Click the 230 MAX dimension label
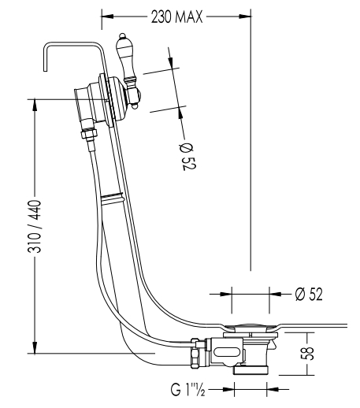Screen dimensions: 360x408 tap(176, 17)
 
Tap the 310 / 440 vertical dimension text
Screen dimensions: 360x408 tap(35, 226)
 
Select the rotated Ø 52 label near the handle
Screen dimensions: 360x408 tap(187, 157)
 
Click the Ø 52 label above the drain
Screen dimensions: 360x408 tap(309, 294)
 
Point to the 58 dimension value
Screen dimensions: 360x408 tap(307, 354)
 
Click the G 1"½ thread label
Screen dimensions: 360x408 tap(187, 389)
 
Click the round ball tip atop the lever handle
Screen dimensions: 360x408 tap(122, 35)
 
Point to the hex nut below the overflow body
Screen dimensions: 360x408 tap(89, 133)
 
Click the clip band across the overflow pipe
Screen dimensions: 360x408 tap(112, 197)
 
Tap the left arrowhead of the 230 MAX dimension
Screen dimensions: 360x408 tap(108, 17)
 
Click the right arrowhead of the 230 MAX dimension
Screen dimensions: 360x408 tap(245, 17)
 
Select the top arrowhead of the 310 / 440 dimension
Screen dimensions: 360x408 tap(35, 106)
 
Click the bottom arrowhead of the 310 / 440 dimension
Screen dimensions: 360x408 tap(35, 347)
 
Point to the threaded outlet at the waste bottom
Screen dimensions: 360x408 tap(251, 370)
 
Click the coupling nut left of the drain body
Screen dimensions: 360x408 tap(196, 352)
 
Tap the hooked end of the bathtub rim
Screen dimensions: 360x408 tap(45, 57)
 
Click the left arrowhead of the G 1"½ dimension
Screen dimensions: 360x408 tap(228, 389)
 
